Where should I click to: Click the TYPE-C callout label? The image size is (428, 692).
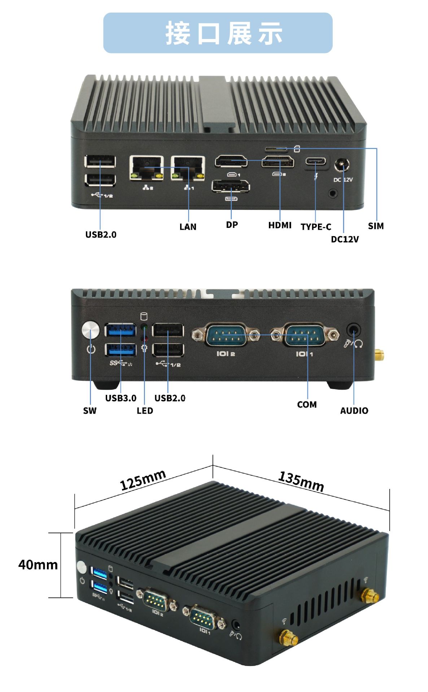(316, 227)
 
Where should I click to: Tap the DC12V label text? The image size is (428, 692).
(345, 239)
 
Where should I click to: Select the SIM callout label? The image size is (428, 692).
(376, 226)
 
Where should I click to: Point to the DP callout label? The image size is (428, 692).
(232, 225)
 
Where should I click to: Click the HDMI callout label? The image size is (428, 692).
(280, 225)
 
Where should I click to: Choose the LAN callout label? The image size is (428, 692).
(188, 227)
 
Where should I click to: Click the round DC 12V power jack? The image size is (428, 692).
(341, 166)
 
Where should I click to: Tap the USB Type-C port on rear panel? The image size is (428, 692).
(316, 161)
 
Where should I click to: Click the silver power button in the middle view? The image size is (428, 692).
(91, 330)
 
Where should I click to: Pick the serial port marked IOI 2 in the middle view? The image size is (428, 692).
(226, 335)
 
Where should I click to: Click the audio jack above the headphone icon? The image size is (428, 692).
(353, 330)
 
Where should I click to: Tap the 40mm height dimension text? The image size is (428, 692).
(38, 564)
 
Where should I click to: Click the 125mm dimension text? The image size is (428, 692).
(143, 480)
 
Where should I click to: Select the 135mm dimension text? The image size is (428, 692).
(301, 481)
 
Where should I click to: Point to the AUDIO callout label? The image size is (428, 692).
(354, 411)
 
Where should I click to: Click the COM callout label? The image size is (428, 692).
(307, 405)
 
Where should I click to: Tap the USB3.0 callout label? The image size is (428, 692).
(121, 398)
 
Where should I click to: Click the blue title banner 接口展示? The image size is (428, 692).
(218, 33)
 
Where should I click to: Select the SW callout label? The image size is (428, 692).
(90, 411)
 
